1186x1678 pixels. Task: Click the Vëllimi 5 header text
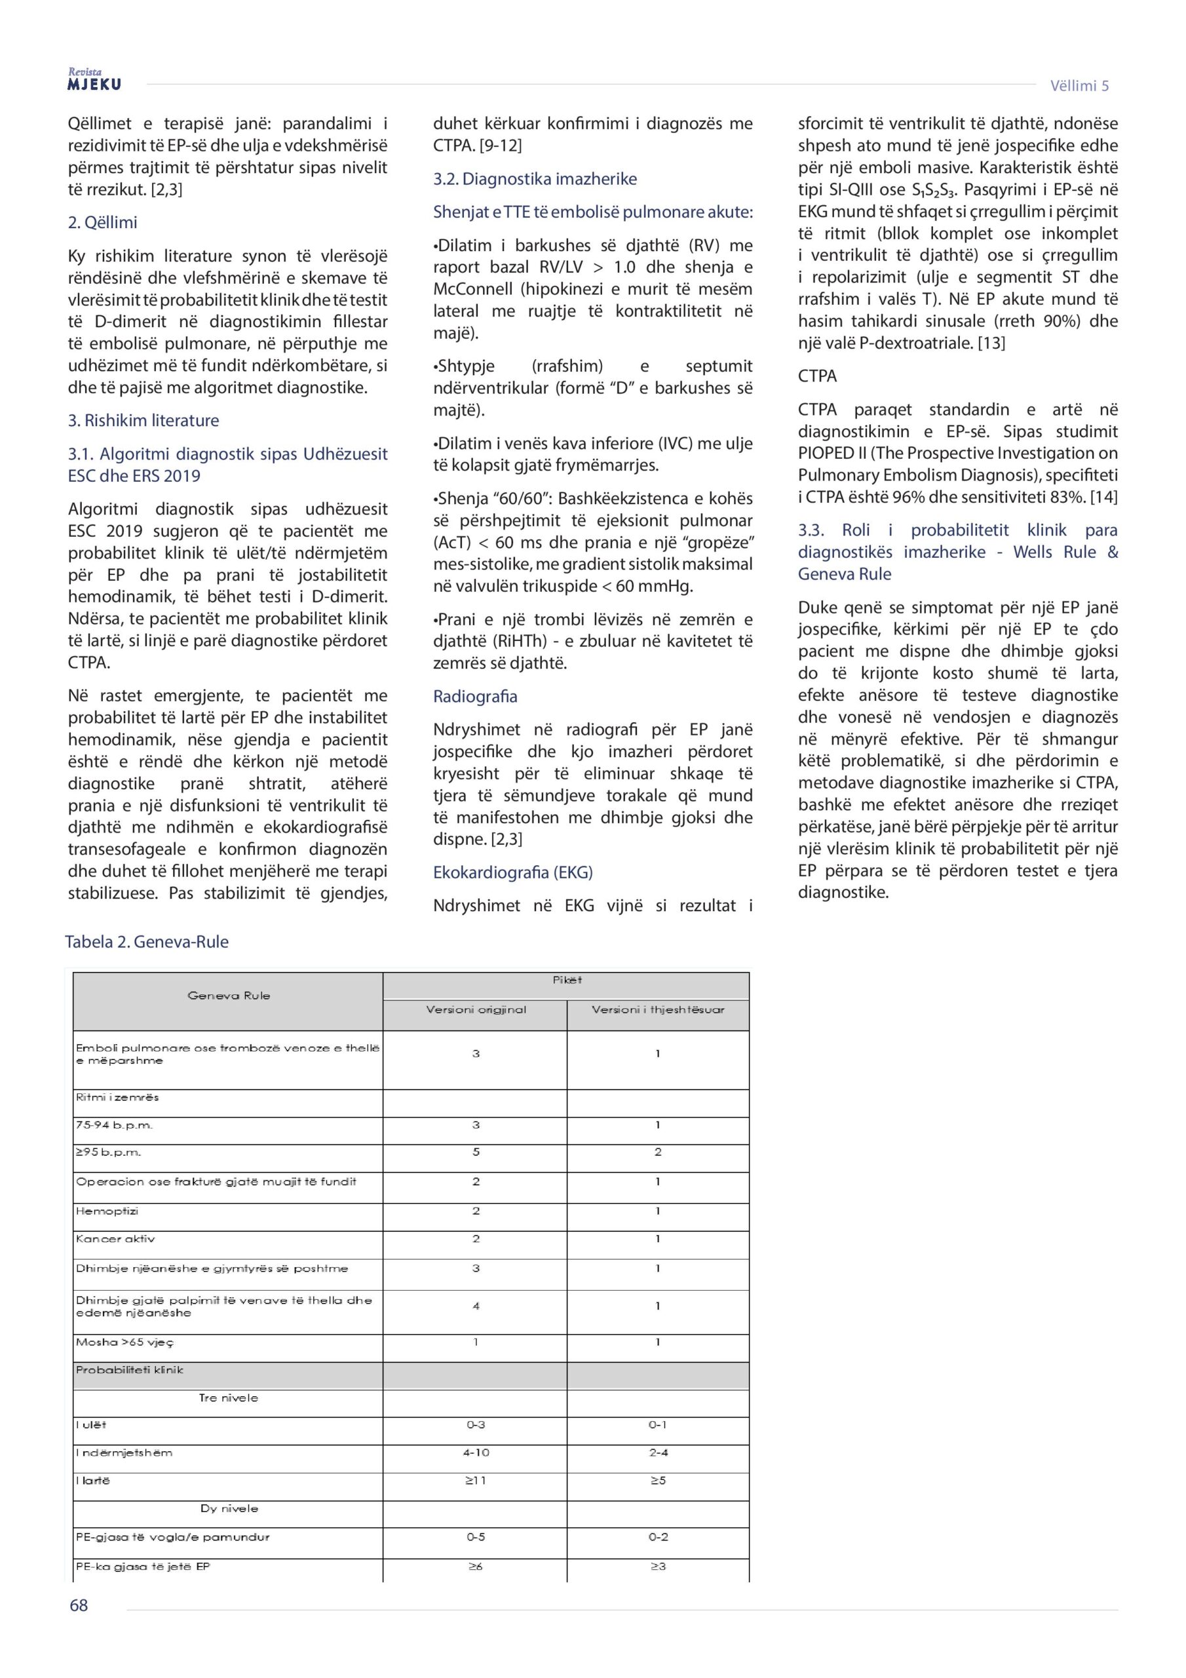point(1079,85)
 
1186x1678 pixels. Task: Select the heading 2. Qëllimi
point(102,223)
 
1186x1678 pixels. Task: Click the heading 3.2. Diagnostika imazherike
point(534,179)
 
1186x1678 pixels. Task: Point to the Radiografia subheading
point(475,697)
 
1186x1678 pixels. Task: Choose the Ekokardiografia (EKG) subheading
point(512,872)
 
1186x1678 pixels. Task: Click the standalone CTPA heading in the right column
point(817,376)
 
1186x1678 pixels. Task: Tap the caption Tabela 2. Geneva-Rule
point(147,941)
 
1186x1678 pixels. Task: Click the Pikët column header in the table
point(567,980)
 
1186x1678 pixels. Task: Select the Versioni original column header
point(476,1009)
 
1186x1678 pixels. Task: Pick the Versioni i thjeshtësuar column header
point(658,1009)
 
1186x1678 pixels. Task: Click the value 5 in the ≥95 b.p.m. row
point(476,1152)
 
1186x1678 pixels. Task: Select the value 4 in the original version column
point(476,1305)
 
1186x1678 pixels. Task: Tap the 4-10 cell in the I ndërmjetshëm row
point(476,1453)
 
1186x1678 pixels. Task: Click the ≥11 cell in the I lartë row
point(476,1481)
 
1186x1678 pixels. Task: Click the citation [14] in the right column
point(1104,497)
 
